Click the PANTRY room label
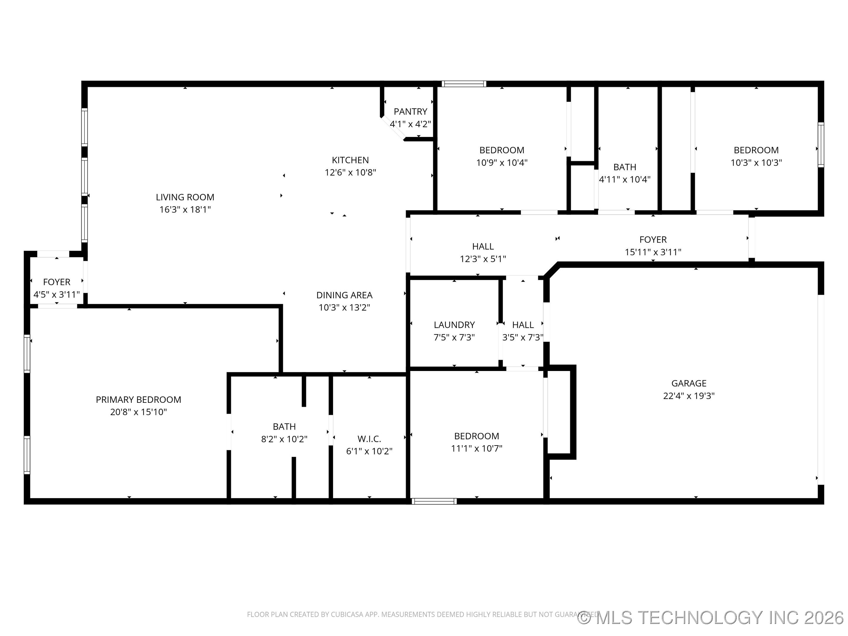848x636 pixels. [x=410, y=112]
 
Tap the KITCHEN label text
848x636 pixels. [x=350, y=160]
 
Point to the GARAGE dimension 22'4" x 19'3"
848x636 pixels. [x=689, y=396]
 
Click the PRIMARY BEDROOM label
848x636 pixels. [x=138, y=400]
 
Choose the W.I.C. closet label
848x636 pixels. [x=369, y=439]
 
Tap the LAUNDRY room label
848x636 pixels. [x=454, y=325]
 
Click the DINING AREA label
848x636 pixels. [x=344, y=295]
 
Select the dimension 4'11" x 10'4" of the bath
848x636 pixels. [x=625, y=179]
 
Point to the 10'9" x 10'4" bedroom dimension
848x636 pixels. [x=502, y=163]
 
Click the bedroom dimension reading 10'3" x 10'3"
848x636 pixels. [x=756, y=163]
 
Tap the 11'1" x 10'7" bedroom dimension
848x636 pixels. [x=476, y=448]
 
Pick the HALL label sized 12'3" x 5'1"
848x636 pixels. [x=483, y=246]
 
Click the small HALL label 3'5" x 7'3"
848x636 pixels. [x=523, y=325]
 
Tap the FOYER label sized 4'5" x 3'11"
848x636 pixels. [x=57, y=282]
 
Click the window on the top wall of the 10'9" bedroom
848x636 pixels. [x=464, y=84]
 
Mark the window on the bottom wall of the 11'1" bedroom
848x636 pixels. [x=434, y=501]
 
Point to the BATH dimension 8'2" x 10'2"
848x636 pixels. [x=284, y=439]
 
